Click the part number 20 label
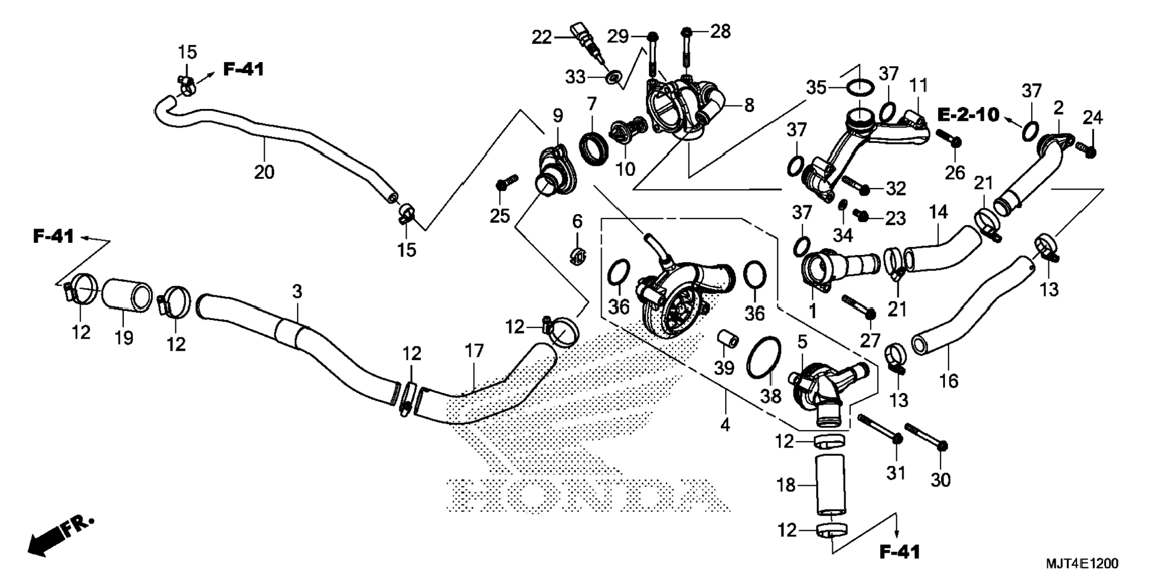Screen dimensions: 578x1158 point(264,172)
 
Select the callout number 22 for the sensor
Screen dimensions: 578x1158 point(541,38)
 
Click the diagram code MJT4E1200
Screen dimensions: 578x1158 point(1082,563)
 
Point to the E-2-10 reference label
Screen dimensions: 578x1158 point(968,114)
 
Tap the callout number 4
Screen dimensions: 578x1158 point(725,425)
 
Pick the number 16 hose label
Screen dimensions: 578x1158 point(949,381)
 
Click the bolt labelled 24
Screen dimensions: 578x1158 point(1086,147)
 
